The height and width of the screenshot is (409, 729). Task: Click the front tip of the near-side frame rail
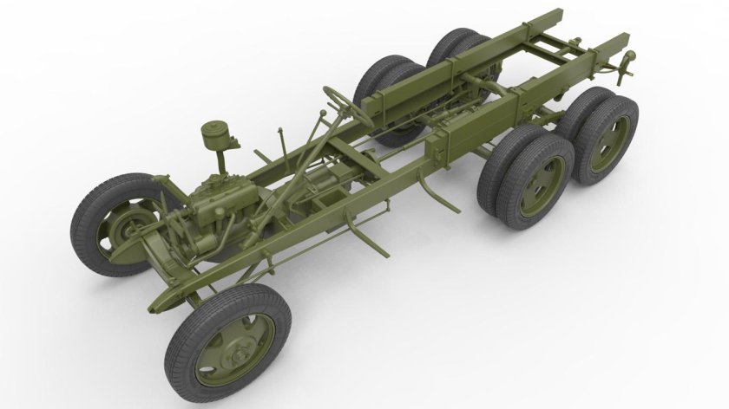click(154, 308)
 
